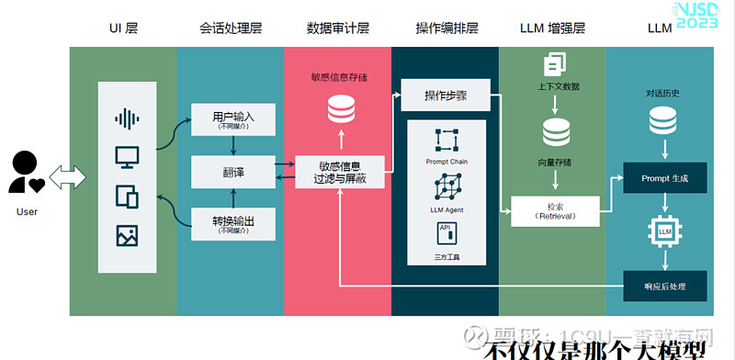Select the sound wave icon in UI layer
pyautogui.click(x=127, y=118)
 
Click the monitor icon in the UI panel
pyautogui.click(x=127, y=156)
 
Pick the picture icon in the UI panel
pyautogui.click(x=127, y=235)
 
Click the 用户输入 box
pyautogui.click(x=232, y=119)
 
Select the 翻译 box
pyautogui.click(x=232, y=172)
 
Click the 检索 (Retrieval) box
pyautogui.click(x=554, y=210)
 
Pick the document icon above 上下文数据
pyautogui.click(x=554, y=64)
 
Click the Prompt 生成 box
pyautogui.click(x=664, y=176)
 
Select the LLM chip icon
pyautogui.click(x=664, y=231)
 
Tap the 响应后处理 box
pyautogui.click(x=664, y=286)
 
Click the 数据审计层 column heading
pyautogui.click(x=338, y=28)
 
